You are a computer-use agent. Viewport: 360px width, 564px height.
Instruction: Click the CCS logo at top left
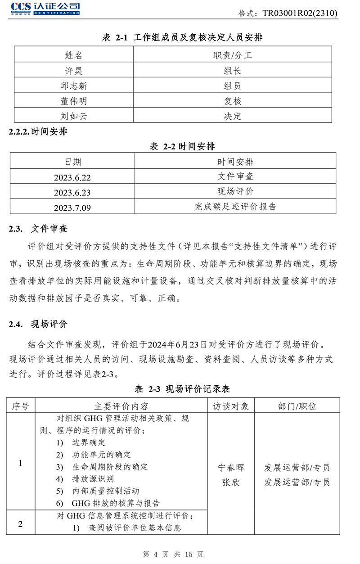pos(45,8)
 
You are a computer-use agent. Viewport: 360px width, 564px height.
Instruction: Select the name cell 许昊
pos(74,71)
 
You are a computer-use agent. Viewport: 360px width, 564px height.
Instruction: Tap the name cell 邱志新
pos(74,86)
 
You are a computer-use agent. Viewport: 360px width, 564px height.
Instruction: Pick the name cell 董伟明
pos(74,101)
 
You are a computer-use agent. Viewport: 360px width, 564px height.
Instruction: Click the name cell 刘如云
pos(74,116)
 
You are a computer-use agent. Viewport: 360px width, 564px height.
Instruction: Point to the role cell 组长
pos(233,71)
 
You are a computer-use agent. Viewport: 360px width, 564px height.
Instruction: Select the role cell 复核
pos(233,101)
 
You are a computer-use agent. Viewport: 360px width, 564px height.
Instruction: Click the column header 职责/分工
pos(233,55)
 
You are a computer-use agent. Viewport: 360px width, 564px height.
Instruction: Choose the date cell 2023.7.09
pos(72,208)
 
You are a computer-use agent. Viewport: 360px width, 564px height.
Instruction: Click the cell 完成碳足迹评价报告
pos(235,207)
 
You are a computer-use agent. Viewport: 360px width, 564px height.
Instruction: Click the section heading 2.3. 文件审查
pos(38,229)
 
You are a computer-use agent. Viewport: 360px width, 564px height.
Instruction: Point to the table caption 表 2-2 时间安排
pos(182,146)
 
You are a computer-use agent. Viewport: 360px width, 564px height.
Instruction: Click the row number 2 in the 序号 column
pos(20,524)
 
